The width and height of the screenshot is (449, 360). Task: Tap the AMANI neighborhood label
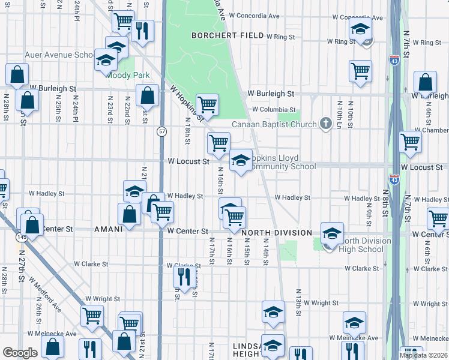(x=109, y=229)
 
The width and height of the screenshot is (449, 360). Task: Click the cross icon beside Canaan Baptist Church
(x=326, y=124)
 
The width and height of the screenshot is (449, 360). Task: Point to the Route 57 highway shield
(x=162, y=131)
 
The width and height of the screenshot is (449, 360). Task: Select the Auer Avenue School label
(x=60, y=55)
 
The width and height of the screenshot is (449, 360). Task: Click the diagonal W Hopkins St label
(x=187, y=102)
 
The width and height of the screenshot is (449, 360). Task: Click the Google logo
(x=20, y=353)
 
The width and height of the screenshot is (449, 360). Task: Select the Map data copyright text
(x=423, y=355)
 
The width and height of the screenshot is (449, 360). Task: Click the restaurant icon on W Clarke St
(x=183, y=276)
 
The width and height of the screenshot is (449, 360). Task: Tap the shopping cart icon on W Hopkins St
(x=207, y=104)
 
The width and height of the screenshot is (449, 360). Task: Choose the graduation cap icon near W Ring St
(x=360, y=29)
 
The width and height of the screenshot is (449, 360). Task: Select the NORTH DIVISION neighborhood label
(x=277, y=232)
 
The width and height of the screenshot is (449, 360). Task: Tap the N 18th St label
(x=187, y=129)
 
